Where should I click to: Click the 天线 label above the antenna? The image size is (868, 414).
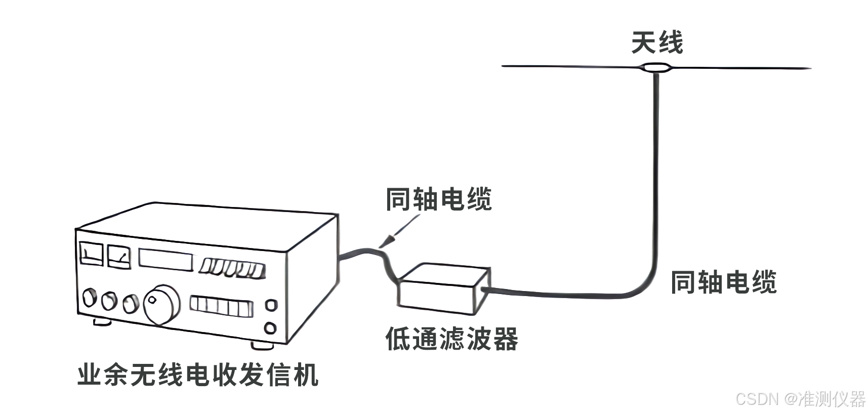pyautogui.click(x=656, y=43)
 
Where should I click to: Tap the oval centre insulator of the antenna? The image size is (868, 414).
pyautogui.click(x=656, y=67)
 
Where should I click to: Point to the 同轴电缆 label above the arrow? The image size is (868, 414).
pyautogui.click(x=438, y=199)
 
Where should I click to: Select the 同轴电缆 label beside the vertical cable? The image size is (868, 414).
pyautogui.click(x=723, y=282)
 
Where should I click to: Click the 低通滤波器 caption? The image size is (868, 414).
pyautogui.click(x=451, y=339)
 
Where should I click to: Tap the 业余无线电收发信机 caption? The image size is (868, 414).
pyautogui.click(x=198, y=375)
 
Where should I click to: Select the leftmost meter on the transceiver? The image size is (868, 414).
pyautogui.click(x=92, y=254)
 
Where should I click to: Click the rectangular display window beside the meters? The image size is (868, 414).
pyautogui.click(x=166, y=260)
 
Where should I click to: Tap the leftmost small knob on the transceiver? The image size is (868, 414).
pyautogui.click(x=90, y=298)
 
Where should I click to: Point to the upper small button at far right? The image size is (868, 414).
pyautogui.click(x=271, y=305)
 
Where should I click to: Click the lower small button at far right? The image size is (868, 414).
pyautogui.click(x=270, y=328)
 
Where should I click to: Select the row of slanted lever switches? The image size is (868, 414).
pyautogui.click(x=232, y=268)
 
